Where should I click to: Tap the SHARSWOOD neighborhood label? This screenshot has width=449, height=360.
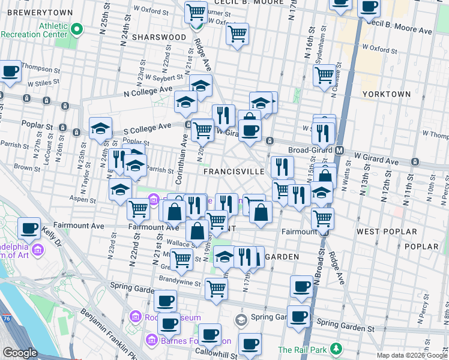pos(160,37)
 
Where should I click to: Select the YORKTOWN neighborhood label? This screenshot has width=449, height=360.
pos(387,94)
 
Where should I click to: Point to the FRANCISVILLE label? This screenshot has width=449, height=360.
pos(234,172)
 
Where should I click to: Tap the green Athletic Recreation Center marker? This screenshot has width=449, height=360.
pos(76,29)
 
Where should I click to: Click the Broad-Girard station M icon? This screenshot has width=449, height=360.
pos(339,150)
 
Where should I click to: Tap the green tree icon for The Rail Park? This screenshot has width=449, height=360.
pos(337,349)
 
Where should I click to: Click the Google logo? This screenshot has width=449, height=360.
pos(20,353)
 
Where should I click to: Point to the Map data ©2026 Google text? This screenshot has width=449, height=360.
pos(411,355)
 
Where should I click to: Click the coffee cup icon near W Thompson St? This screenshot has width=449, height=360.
pos(10,72)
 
